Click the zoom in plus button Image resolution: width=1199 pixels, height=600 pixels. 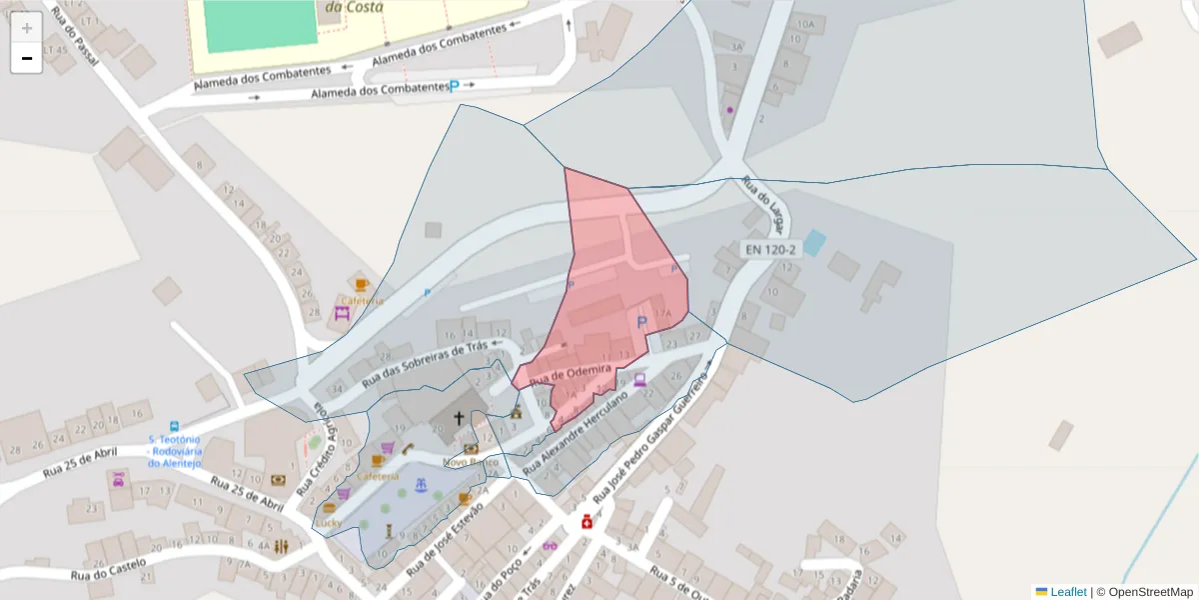pyautogui.click(x=27, y=28)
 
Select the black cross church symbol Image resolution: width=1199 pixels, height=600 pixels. pyautogui.click(x=460, y=418)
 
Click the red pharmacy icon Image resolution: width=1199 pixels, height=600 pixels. pyautogui.click(x=588, y=522)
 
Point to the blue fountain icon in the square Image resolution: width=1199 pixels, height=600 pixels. pyautogui.click(x=422, y=487)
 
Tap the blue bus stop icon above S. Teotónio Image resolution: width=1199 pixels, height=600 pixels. pyautogui.click(x=175, y=426)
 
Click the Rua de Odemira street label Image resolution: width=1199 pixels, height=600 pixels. pyautogui.click(x=570, y=375)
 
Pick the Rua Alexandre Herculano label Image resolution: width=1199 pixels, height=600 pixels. pyautogui.click(x=587, y=430)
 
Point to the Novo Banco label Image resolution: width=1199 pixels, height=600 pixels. pyautogui.click(x=471, y=462)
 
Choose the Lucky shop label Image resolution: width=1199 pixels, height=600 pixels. pyautogui.click(x=329, y=522)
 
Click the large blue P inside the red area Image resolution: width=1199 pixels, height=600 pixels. pyautogui.click(x=641, y=321)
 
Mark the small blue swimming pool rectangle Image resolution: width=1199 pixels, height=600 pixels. pyautogui.click(x=815, y=243)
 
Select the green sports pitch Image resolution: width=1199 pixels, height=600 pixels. pyautogui.click(x=259, y=24)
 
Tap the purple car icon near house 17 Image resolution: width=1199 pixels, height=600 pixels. pyautogui.click(x=119, y=479)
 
